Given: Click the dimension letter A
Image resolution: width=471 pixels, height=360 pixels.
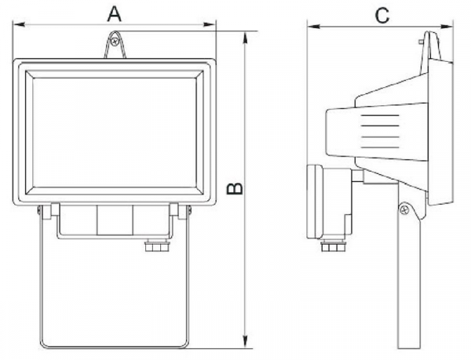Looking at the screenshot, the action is tap(114, 14).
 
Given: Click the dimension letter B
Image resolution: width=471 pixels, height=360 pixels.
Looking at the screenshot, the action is tap(235, 188).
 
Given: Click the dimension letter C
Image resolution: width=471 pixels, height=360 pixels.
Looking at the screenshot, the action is tap(382, 16).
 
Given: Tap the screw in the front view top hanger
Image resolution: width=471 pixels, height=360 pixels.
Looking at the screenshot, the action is tap(114, 42).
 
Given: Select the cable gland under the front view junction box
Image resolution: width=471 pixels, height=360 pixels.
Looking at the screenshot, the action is tap(157, 245).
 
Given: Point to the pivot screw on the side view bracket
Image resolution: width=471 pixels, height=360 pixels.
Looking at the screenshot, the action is tap(404, 209).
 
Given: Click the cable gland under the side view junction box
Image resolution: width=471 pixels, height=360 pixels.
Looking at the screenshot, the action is tap(333, 245).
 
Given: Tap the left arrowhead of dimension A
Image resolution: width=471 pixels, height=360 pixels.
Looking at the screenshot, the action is tap(19, 24).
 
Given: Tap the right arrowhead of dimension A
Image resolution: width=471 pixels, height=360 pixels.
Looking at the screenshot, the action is tap(210, 24).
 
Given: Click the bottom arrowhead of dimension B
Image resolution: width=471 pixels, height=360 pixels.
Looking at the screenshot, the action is tap(246, 342).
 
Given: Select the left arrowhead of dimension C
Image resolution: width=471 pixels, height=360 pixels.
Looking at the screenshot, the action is tap(313, 27).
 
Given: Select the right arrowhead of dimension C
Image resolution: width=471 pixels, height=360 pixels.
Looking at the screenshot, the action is tap(447, 27).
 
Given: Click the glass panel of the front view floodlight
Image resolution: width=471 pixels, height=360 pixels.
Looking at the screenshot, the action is tap(114, 133).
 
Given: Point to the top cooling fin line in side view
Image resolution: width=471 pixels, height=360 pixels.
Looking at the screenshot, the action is tap(380, 115).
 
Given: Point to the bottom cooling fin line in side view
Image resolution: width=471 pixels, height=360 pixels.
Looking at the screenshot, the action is tap(380, 147).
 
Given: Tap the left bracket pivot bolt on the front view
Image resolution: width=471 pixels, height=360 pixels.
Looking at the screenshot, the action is tap(39, 210).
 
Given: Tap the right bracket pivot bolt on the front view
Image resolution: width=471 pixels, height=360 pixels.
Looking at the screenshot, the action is tap(189, 210).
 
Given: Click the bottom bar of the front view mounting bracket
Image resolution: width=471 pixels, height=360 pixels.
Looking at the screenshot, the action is tap(114, 347).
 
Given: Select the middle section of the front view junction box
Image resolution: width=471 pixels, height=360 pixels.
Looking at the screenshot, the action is tap(115, 220).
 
